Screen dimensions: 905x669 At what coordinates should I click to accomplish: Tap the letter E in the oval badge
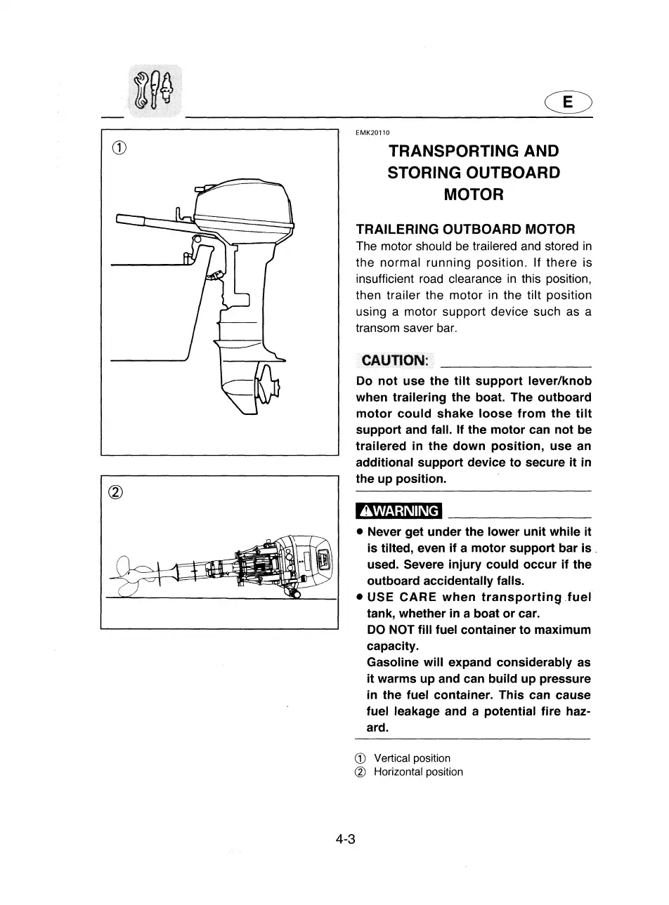[568, 103]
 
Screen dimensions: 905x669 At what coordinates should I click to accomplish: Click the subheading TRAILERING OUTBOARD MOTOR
[465, 230]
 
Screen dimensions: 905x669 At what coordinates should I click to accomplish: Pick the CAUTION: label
[394, 361]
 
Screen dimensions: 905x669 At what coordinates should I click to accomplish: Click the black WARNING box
[398, 511]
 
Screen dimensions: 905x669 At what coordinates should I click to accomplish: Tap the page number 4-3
[345, 839]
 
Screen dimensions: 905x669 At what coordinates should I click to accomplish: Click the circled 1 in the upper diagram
[119, 148]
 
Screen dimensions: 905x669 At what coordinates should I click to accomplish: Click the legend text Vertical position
[412, 758]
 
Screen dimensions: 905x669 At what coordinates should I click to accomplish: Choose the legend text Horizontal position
[418, 772]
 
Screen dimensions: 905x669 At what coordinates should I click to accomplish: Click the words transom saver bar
[397, 328]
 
